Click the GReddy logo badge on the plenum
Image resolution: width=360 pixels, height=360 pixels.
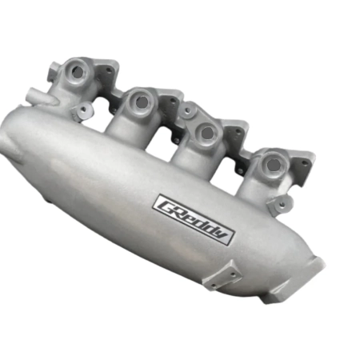point(194,218)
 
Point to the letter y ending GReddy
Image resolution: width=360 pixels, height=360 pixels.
point(226,234)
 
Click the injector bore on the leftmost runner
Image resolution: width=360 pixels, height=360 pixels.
point(78,71)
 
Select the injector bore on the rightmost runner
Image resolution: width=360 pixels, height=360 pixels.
point(273,165)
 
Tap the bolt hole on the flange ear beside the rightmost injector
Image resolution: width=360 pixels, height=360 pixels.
point(303,166)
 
